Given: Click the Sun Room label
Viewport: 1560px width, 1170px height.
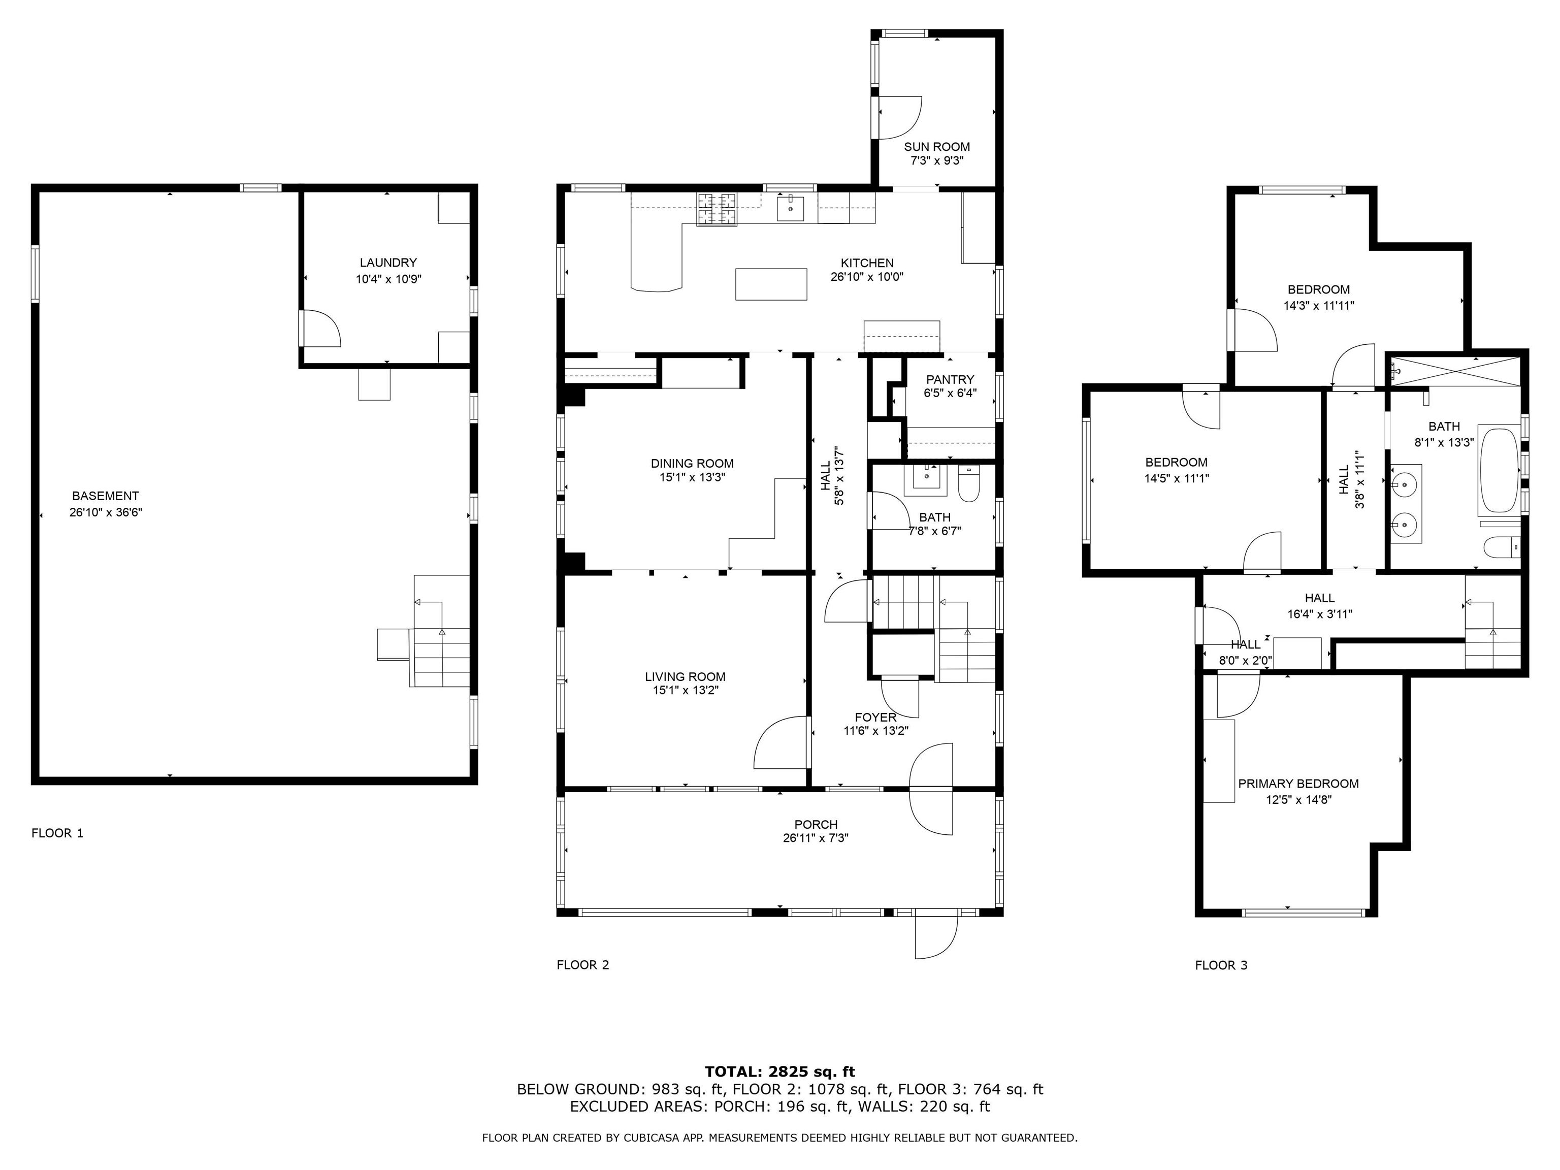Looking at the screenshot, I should click(936, 147).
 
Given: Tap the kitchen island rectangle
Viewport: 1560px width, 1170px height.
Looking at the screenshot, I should click(771, 284).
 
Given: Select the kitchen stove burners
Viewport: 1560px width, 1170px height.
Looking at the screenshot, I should click(717, 209).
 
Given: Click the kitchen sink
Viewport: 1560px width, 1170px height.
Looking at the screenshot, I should click(791, 209).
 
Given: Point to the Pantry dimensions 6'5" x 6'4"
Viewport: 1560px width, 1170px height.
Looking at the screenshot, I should click(950, 394).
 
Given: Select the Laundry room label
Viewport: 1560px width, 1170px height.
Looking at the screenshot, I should click(388, 263).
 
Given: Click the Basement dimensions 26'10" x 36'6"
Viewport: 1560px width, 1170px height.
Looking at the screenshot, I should click(106, 513).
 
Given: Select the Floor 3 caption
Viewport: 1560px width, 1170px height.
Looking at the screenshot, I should click(1221, 965).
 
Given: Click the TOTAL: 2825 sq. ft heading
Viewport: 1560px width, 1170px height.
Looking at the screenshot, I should click(779, 1072).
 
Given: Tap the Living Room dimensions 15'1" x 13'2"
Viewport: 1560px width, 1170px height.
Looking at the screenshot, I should click(685, 691).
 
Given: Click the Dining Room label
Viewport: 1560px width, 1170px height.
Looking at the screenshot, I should click(692, 463).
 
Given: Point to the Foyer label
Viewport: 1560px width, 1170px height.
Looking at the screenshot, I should click(875, 717).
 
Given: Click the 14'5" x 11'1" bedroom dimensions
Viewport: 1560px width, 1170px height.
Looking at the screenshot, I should click(1176, 478).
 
